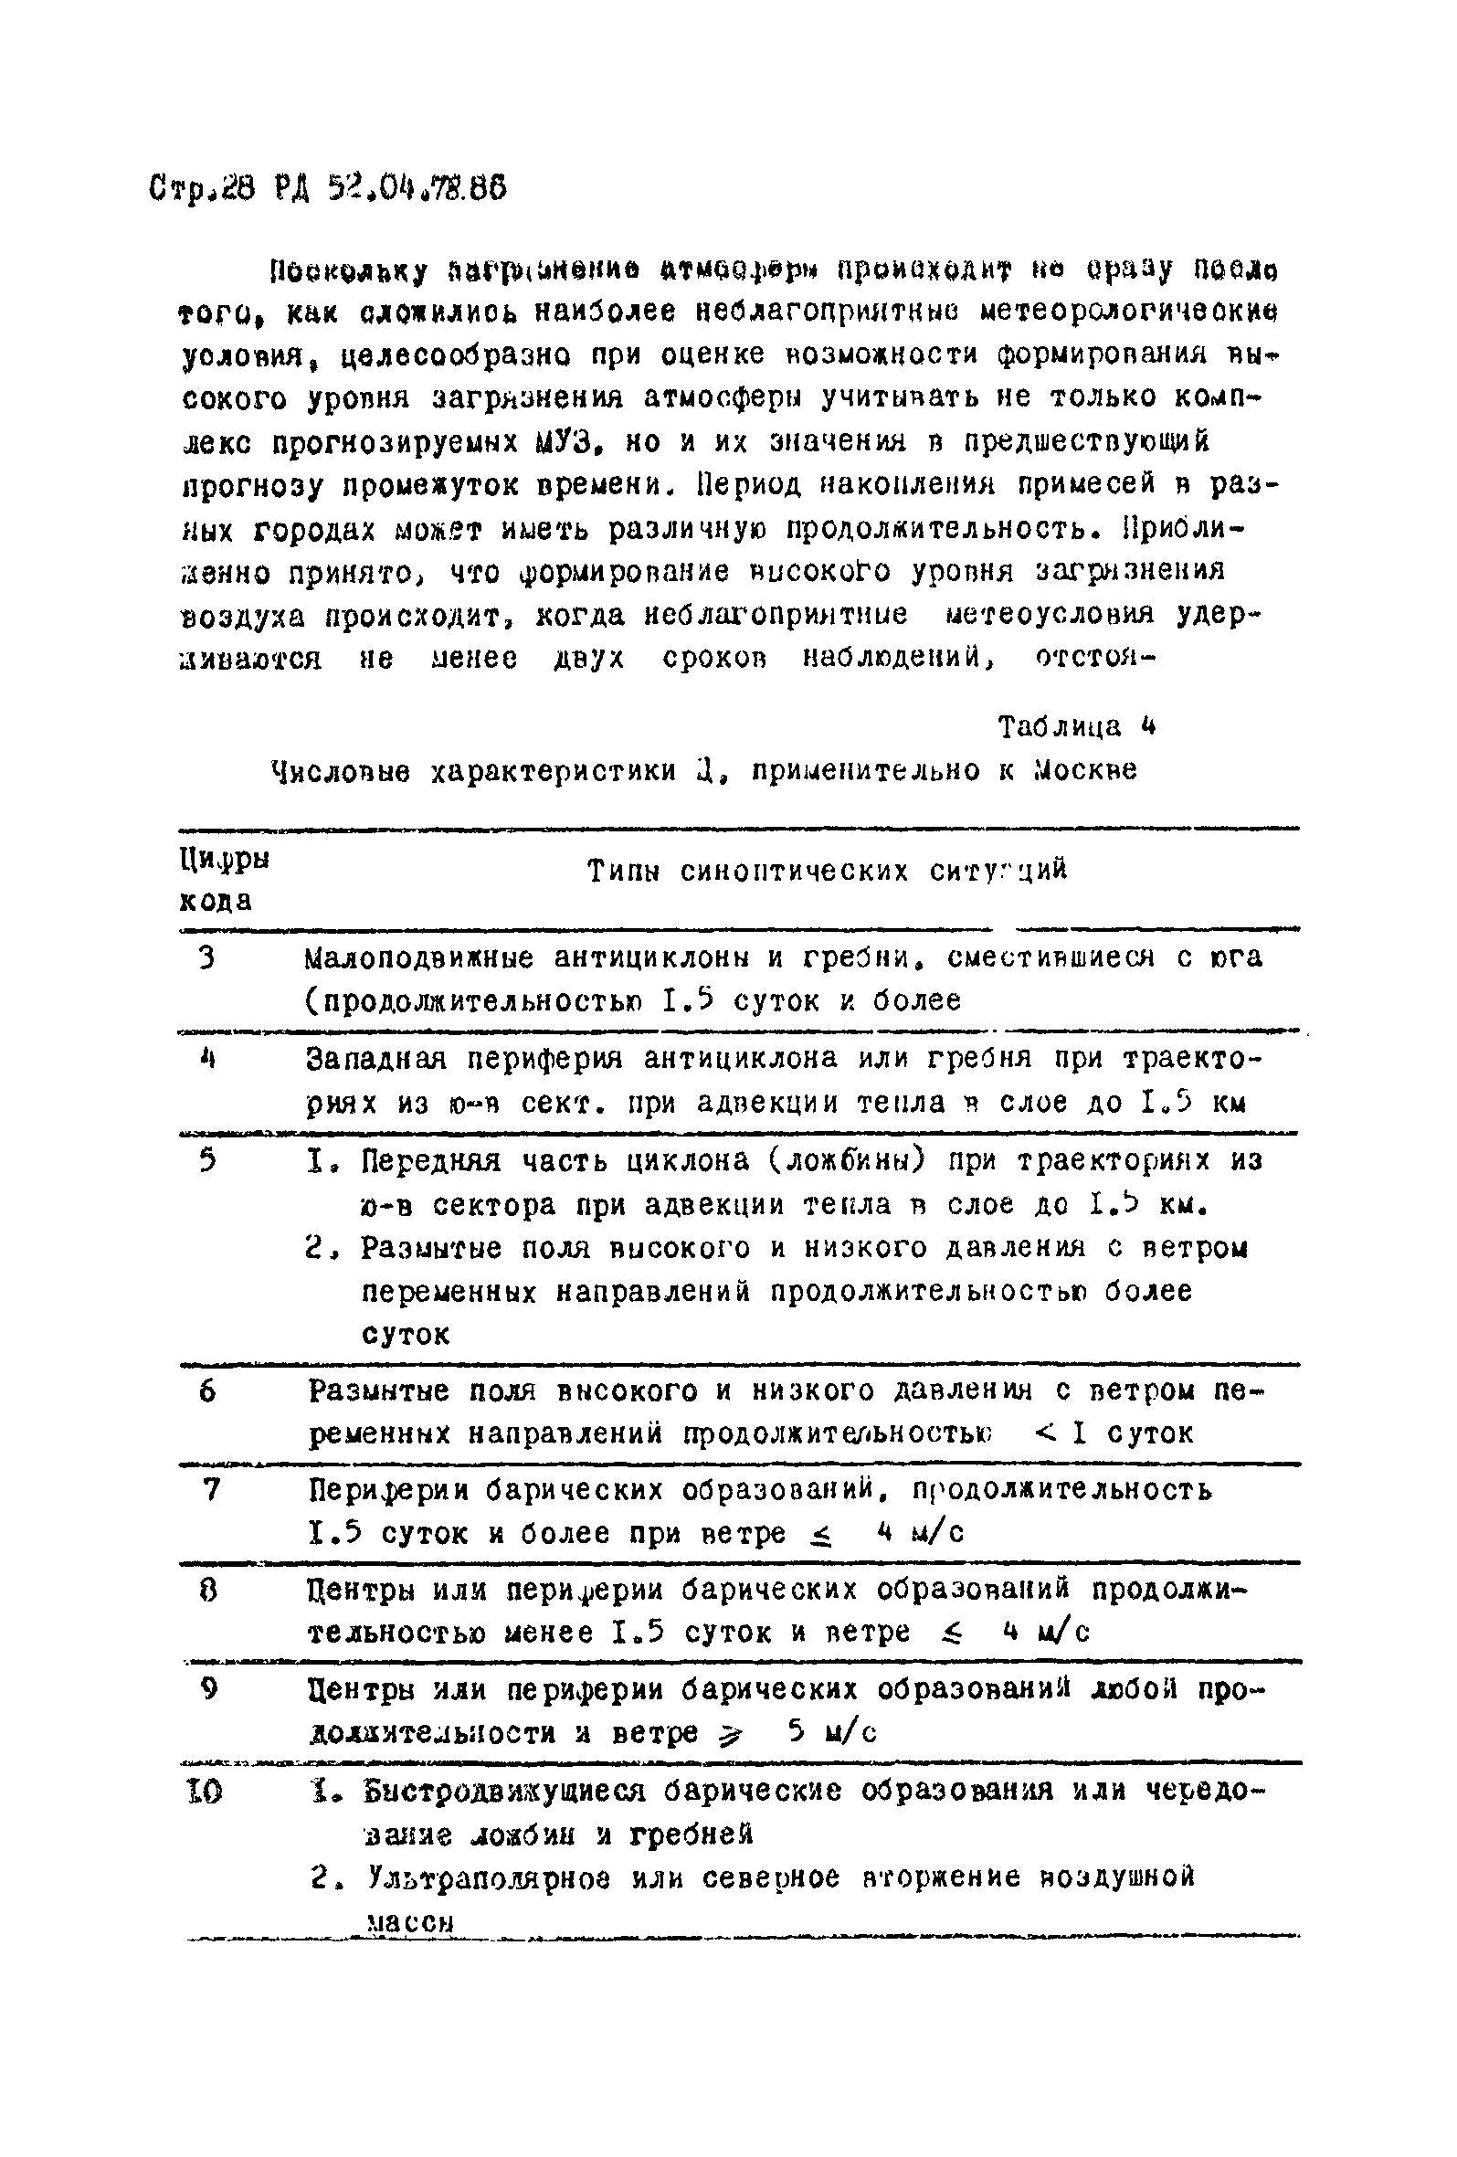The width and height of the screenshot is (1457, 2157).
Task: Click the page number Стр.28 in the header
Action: click(198, 189)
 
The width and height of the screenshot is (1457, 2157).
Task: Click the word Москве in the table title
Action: click(1085, 770)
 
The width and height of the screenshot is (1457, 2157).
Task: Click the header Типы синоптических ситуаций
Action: click(827, 871)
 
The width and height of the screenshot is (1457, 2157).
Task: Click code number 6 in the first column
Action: click(207, 1391)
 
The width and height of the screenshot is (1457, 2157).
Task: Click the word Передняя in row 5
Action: click(429, 1161)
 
